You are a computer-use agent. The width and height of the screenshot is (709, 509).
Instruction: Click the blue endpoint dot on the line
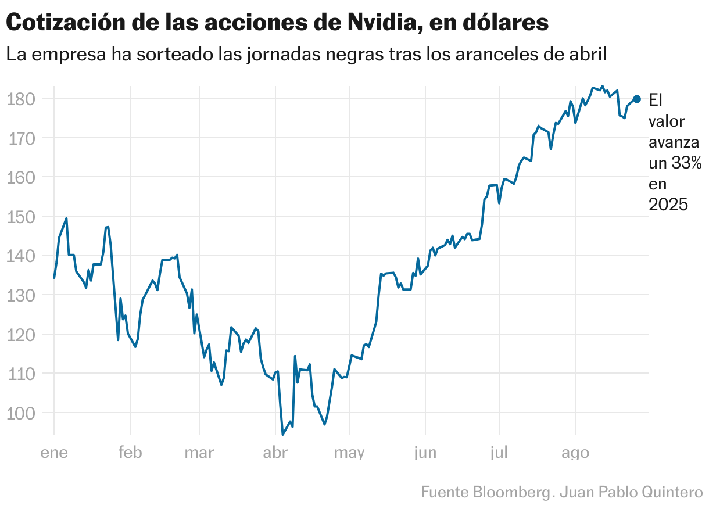pyautogui.click(x=636, y=99)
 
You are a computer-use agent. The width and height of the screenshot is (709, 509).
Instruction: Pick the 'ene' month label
pyautogui.click(x=54, y=453)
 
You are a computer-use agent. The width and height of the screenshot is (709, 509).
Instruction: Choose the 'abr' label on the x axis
pyautogui.click(x=275, y=453)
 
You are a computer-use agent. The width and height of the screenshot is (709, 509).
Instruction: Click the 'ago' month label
pyautogui.click(x=575, y=453)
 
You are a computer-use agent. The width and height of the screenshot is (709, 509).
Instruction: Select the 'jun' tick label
pyautogui.click(x=425, y=453)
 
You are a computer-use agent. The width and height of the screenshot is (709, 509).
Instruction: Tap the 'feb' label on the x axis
pyautogui.click(x=130, y=453)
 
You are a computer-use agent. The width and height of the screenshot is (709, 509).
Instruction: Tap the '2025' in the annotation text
pyautogui.click(x=668, y=205)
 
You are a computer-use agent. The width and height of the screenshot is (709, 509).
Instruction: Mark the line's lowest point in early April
pyautogui.click(x=283, y=434)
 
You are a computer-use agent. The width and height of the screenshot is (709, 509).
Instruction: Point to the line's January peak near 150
pyautogui.click(x=66, y=218)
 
